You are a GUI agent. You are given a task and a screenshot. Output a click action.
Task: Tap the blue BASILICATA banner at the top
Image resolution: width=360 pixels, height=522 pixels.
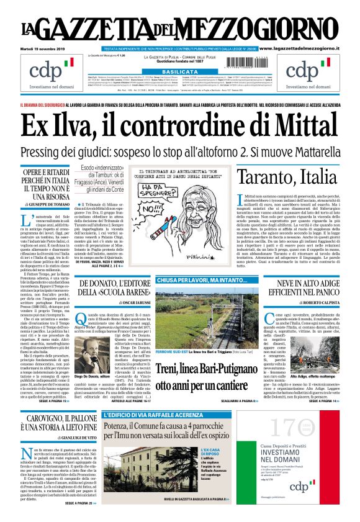(x=179, y=72)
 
